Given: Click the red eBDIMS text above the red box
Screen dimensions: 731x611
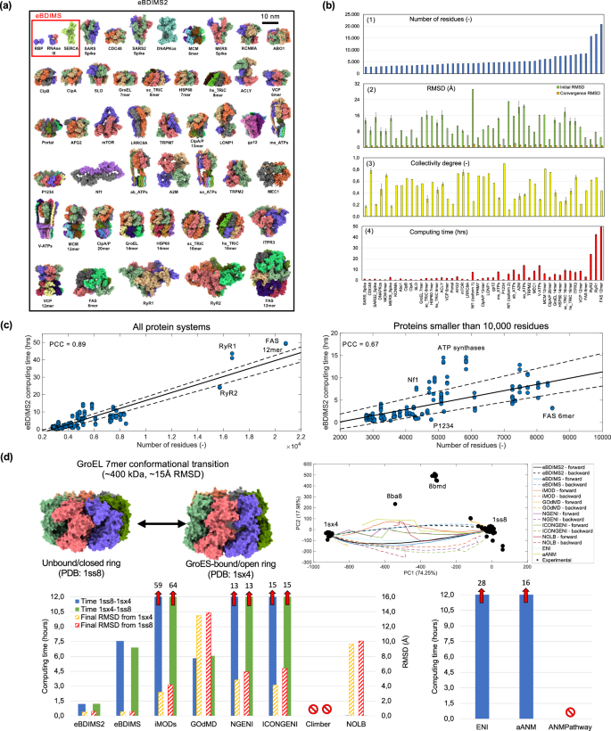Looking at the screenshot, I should click(x=49, y=17).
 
